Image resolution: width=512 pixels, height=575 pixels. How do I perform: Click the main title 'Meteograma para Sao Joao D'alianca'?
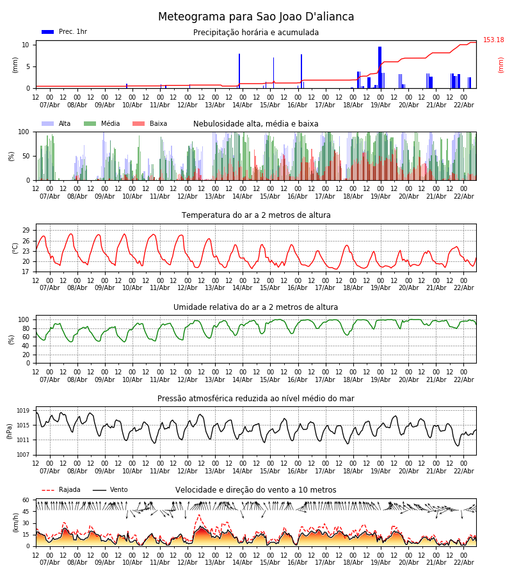click(x=256, y=17)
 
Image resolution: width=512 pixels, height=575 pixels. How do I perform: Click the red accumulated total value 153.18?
click(x=493, y=40)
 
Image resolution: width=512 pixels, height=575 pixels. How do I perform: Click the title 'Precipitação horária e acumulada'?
click(x=256, y=33)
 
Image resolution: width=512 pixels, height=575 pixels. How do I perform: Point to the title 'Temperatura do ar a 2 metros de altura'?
click(x=256, y=215)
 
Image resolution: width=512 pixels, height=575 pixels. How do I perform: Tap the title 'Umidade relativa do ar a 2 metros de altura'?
click(x=256, y=307)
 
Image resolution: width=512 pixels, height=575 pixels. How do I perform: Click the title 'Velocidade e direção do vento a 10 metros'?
click(x=256, y=490)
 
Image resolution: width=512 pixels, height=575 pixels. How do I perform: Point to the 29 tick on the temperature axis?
click(x=26, y=230)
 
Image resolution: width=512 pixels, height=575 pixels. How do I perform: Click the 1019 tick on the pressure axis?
click(x=23, y=411)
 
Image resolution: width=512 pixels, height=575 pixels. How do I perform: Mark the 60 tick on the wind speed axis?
click(x=26, y=500)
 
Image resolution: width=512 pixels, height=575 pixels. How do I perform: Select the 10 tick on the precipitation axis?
click(x=26, y=45)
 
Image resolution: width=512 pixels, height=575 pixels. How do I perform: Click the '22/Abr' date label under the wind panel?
click(x=463, y=562)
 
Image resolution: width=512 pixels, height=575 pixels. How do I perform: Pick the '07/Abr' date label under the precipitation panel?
click(x=49, y=105)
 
